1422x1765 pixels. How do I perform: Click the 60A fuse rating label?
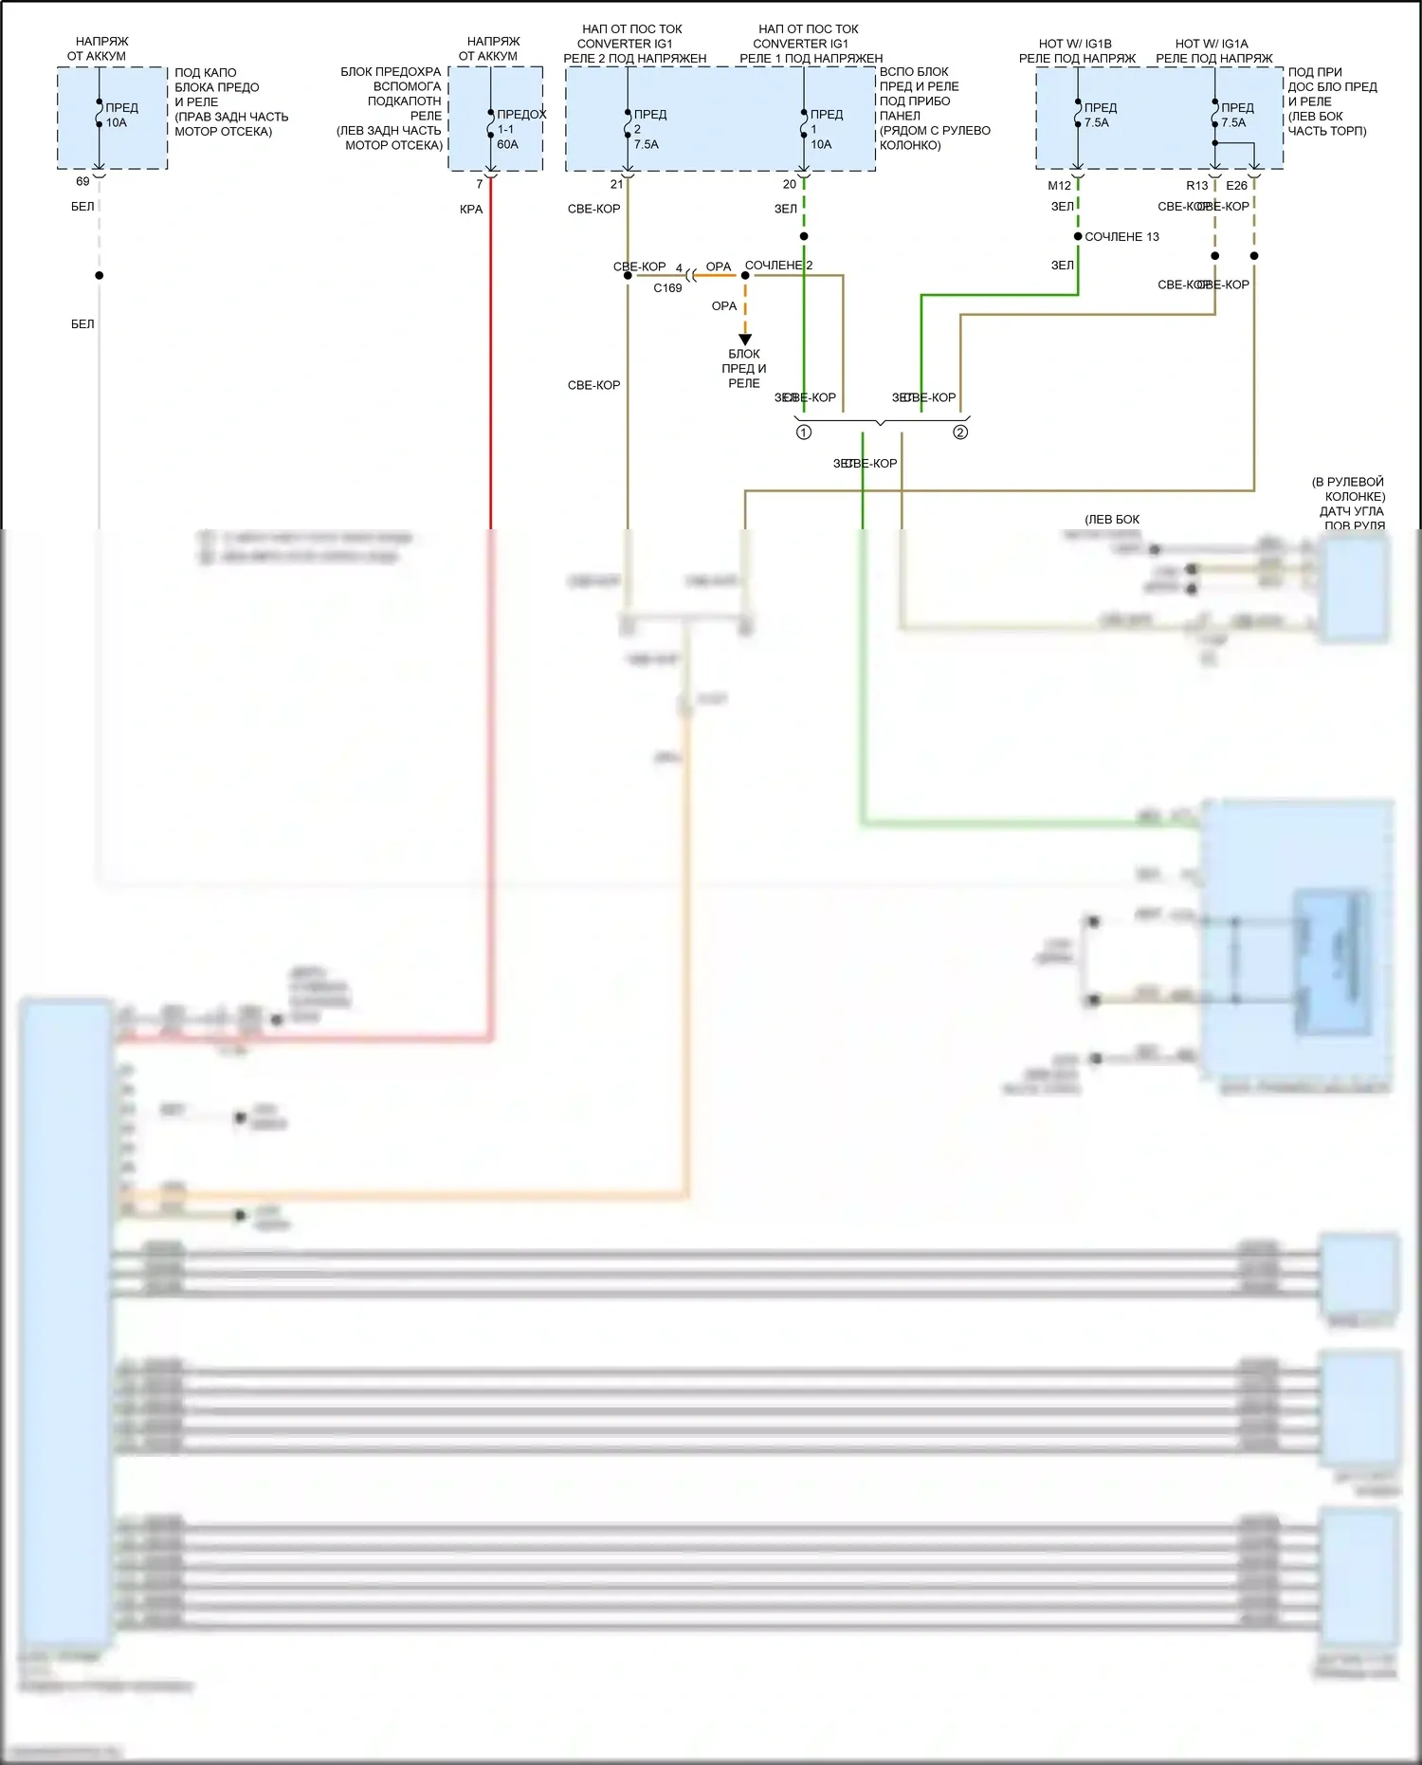click(x=507, y=144)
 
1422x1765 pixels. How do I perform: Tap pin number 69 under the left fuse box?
click(x=82, y=181)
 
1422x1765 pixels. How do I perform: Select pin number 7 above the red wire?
click(x=480, y=184)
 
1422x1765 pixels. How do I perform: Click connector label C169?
click(x=667, y=288)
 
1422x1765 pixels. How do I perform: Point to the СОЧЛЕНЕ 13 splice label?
click(x=1121, y=237)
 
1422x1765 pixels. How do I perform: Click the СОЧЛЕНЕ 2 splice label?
click(x=778, y=266)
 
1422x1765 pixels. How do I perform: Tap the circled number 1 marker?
click(x=804, y=432)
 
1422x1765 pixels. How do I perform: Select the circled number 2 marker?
click(x=960, y=432)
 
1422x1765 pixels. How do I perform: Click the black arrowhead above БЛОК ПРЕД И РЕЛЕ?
click(x=745, y=340)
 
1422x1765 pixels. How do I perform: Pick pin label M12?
click(x=1059, y=186)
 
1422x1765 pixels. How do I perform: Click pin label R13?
click(x=1196, y=186)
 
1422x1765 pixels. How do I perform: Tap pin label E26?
click(x=1236, y=186)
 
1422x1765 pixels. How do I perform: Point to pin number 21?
click(x=616, y=184)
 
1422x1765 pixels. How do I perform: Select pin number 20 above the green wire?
click(x=789, y=184)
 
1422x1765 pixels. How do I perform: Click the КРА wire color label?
click(x=471, y=210)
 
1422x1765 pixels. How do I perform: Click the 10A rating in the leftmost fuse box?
click(x=116, y=122)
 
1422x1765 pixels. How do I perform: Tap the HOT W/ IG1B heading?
click(x=1075, y=44)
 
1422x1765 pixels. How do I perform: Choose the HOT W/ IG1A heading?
click(x=1212, y=44)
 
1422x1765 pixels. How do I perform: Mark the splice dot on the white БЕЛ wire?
click(x=99, y=275)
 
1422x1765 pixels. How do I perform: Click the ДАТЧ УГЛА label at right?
click(x=1352, y=511)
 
